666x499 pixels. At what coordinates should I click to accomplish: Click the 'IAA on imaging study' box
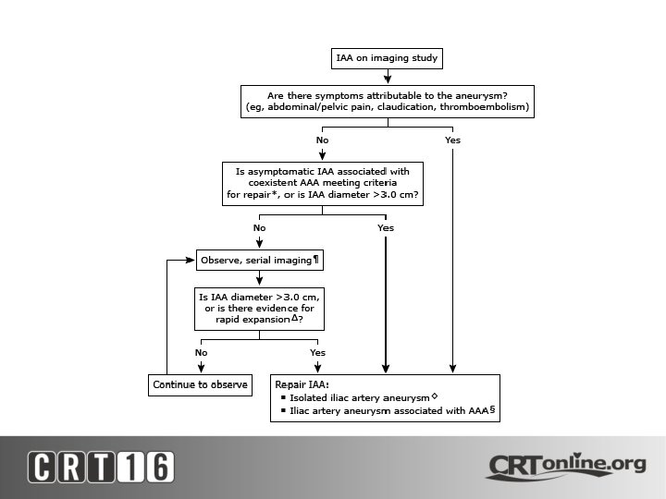[x=387, y=59]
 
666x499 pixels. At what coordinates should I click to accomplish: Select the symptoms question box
[x=387, y=101]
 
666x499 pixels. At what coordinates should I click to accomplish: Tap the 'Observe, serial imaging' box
[x=260, y=261]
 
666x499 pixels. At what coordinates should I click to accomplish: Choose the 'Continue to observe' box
[x=201, y=384]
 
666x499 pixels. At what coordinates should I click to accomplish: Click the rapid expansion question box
[x=260, y=309]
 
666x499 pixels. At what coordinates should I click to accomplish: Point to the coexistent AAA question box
[x=322, y=183]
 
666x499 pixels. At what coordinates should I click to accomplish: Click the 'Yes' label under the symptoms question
[x=452, y=140]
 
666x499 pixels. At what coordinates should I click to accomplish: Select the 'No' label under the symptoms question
[x=322, y=140]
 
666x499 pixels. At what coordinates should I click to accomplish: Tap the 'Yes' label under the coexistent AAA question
[x=386, y=227]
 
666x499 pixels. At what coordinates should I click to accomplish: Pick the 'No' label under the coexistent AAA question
[x=260, y=227]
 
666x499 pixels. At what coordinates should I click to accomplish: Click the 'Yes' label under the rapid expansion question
[x=317, y=352]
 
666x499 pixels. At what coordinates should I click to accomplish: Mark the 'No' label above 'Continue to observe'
[x=201, y=352]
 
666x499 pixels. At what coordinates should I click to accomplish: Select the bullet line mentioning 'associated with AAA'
[x=388, y=411]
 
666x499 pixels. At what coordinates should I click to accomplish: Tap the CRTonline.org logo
[x=565, y=465]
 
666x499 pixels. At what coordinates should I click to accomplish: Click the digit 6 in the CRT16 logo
[x=158, y=467]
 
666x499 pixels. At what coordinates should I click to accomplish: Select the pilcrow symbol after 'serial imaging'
[x=316, y=260]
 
